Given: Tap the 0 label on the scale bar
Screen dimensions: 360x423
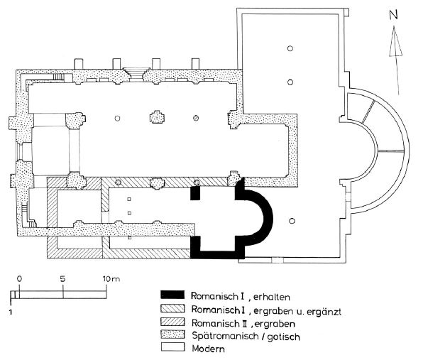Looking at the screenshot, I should click(19, 278).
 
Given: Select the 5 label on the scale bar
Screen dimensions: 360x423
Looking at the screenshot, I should click(63, 278).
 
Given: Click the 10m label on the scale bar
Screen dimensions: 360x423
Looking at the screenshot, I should click(112, 278).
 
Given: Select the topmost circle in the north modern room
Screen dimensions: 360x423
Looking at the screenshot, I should click(290, 48).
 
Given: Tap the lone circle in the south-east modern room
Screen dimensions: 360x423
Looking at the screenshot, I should click(292, 222).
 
